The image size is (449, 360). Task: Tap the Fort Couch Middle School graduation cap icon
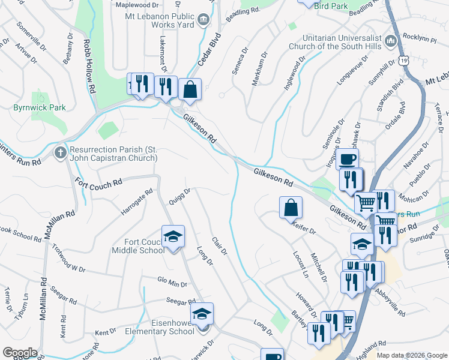tap(173, 237)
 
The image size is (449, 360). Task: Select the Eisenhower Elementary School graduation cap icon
tap(202, 314)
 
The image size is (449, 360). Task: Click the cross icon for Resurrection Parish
tap(60, 152)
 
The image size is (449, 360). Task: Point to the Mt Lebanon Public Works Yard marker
tap(203, 20)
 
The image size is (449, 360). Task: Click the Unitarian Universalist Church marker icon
tap(391, 41)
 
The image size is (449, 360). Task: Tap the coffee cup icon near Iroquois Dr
tap(347, 159)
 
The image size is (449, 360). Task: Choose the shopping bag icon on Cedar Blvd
tap(190, 89)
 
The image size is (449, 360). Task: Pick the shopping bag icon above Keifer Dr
tap(291, 208)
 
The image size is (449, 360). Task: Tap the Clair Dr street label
tap(220, 245)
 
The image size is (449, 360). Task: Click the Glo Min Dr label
tap(172, 282)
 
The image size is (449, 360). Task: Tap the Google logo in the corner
tap(20, 353)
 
